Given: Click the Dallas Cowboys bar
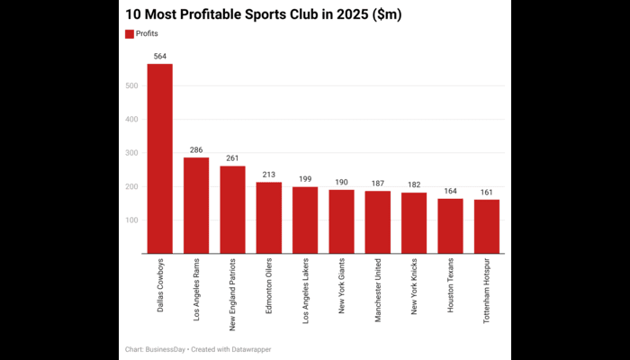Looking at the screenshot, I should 160,159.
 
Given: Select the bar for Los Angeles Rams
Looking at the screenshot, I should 196,206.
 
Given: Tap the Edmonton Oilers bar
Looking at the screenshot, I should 269,218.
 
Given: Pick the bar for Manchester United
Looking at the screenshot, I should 378,222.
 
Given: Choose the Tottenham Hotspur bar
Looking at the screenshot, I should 487,227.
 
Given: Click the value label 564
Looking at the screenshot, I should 160,56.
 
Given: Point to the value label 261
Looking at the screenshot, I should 232,158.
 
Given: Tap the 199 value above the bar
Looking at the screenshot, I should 305,179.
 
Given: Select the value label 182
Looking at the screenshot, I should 414,184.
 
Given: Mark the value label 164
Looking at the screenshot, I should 450,191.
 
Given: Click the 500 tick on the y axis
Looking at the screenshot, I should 132,86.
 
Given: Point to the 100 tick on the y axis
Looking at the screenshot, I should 132,220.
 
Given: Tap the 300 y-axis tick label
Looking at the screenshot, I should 132,153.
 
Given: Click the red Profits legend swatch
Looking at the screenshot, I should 129,33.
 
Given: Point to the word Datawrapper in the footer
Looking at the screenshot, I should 251,349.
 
